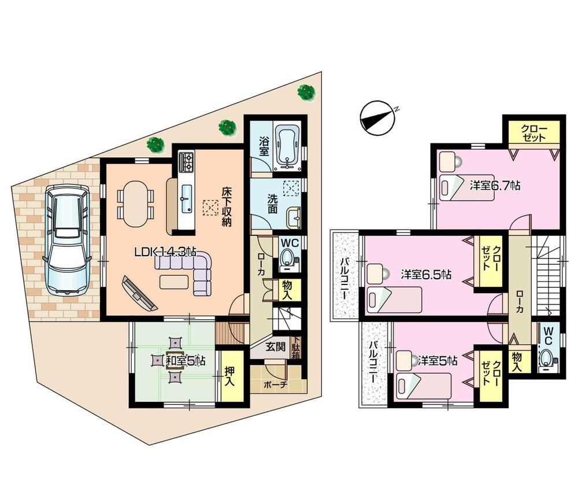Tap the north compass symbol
click(x=376, y=119)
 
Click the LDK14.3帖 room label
click(x=165, y=252)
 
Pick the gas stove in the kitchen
click(x=186, y=162)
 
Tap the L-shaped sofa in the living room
click(x=188, y=269)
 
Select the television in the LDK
click(x=139, y=293)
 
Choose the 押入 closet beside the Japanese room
click(x=229, y=374)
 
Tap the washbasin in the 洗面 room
click(x=293, y=219)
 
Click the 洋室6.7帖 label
click(x=495, y=186)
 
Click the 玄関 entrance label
click(x=275, y=348)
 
